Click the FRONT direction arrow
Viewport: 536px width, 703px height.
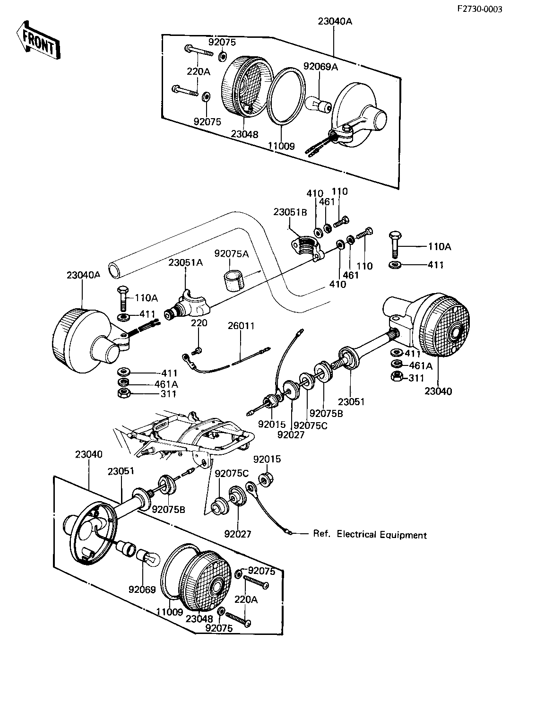pos(38,41)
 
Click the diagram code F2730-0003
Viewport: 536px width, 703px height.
pos(480,9)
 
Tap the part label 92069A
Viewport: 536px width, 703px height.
pos(320,67)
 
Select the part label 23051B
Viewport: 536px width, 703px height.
pos(290,212)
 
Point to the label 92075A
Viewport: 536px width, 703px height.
pos(232,254)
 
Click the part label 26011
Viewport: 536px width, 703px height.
pos(241,326)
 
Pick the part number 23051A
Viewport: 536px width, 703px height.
pos(186,262)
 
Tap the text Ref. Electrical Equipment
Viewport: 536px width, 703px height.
pos(370,535)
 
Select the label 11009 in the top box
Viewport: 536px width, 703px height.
pos(281,146)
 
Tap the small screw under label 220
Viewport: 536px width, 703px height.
pos(197,350)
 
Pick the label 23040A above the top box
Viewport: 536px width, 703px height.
pos(335,21)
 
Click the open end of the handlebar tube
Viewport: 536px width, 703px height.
pos(114,271)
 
